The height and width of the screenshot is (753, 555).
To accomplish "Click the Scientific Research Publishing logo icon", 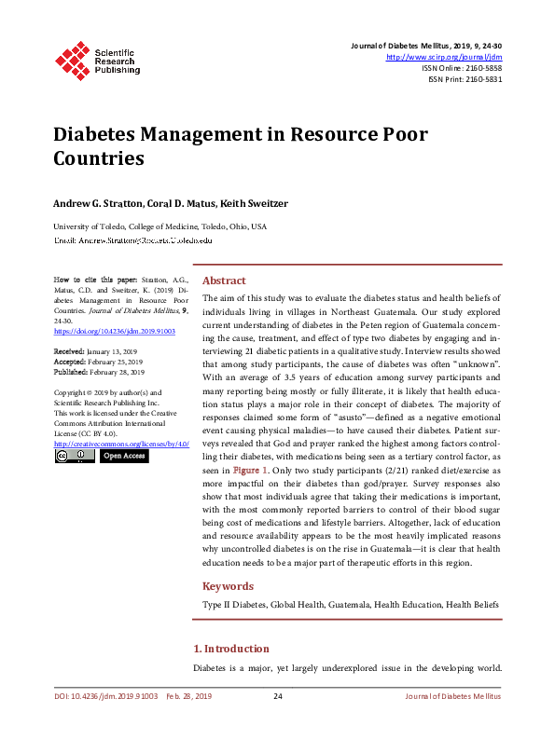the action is coord(72,60).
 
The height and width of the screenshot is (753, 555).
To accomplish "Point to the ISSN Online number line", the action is coord(462,68).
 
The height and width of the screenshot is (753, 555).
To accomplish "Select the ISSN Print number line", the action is coord(465,79).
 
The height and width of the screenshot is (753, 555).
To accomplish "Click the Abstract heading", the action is coord(224,281).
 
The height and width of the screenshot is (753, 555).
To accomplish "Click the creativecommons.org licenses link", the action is coord(122,444).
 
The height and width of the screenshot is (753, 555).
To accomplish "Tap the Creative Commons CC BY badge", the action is coord(75,457).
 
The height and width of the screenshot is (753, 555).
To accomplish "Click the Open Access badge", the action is coord(123,457).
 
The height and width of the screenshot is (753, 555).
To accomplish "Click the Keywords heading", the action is coord(228,586).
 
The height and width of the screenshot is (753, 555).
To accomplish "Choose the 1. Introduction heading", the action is coord(231,649).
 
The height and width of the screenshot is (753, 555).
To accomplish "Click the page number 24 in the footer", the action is coord(277,696).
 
